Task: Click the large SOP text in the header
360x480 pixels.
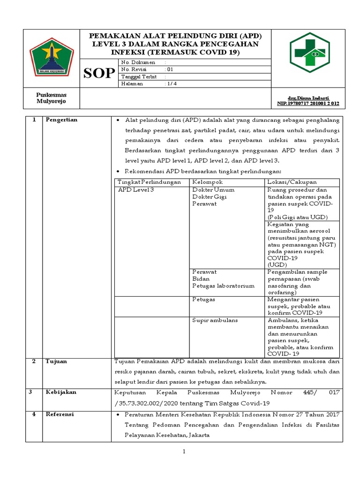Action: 99,73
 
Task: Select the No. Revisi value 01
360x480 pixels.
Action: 170,69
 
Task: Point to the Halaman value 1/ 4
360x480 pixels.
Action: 171,83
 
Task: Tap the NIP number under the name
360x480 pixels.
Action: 308,103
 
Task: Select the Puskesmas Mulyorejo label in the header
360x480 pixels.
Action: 52,97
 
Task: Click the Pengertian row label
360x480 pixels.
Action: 61,120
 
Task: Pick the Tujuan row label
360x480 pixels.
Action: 56,361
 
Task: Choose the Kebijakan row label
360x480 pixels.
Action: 61,392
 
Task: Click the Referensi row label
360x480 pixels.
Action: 60,414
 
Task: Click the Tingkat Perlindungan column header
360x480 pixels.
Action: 149,182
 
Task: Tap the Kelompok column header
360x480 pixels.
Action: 208,182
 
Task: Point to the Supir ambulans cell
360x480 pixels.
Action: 215,320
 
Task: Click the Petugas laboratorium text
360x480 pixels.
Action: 224,285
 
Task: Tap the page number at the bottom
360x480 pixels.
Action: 184,451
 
